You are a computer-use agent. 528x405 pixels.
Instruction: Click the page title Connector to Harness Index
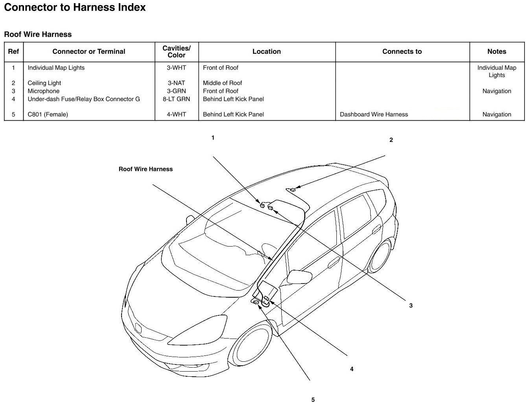point(75,7)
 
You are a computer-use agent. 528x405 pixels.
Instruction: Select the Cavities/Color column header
point(176,52)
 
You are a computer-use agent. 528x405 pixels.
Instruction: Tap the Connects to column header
point(402,52)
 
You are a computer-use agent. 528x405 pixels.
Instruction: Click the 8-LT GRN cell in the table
point(176,99)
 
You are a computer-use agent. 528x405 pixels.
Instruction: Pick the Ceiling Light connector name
point(44,83)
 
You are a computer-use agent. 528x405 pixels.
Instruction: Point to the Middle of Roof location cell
point(222,83)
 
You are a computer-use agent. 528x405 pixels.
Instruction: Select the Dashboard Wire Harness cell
point(374,114)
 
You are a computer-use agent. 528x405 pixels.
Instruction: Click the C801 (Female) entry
point(48,114)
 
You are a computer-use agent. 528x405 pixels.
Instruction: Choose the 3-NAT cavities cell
point(176,83)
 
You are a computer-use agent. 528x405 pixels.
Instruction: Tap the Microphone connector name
point(43,91)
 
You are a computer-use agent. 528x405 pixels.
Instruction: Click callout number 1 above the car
point(213,138)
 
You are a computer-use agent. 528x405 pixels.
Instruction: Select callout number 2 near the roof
point(391,140)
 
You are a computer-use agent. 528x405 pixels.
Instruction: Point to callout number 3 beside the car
point(411,306)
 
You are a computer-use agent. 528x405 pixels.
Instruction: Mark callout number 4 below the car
point(352,369)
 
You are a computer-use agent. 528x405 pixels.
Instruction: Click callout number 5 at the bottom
point(313,400)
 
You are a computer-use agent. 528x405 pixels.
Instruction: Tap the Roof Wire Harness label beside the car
point(146,169)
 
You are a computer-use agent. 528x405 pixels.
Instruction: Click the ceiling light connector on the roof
point(292,190)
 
